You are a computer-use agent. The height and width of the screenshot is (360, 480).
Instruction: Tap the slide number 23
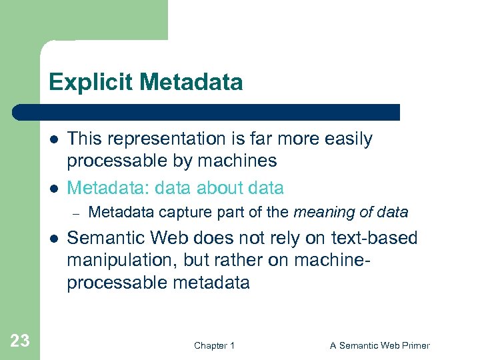click(20, 341)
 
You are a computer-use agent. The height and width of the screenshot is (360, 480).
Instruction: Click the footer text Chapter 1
click(214, 345)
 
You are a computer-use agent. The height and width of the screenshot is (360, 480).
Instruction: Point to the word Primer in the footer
click(414, 345)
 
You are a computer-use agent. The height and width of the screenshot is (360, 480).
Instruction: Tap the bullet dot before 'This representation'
click(53, 140)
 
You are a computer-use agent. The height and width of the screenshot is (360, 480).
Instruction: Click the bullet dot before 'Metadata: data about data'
click(53, 189)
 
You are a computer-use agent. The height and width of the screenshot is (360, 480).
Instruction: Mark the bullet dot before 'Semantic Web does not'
click(53, 238)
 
